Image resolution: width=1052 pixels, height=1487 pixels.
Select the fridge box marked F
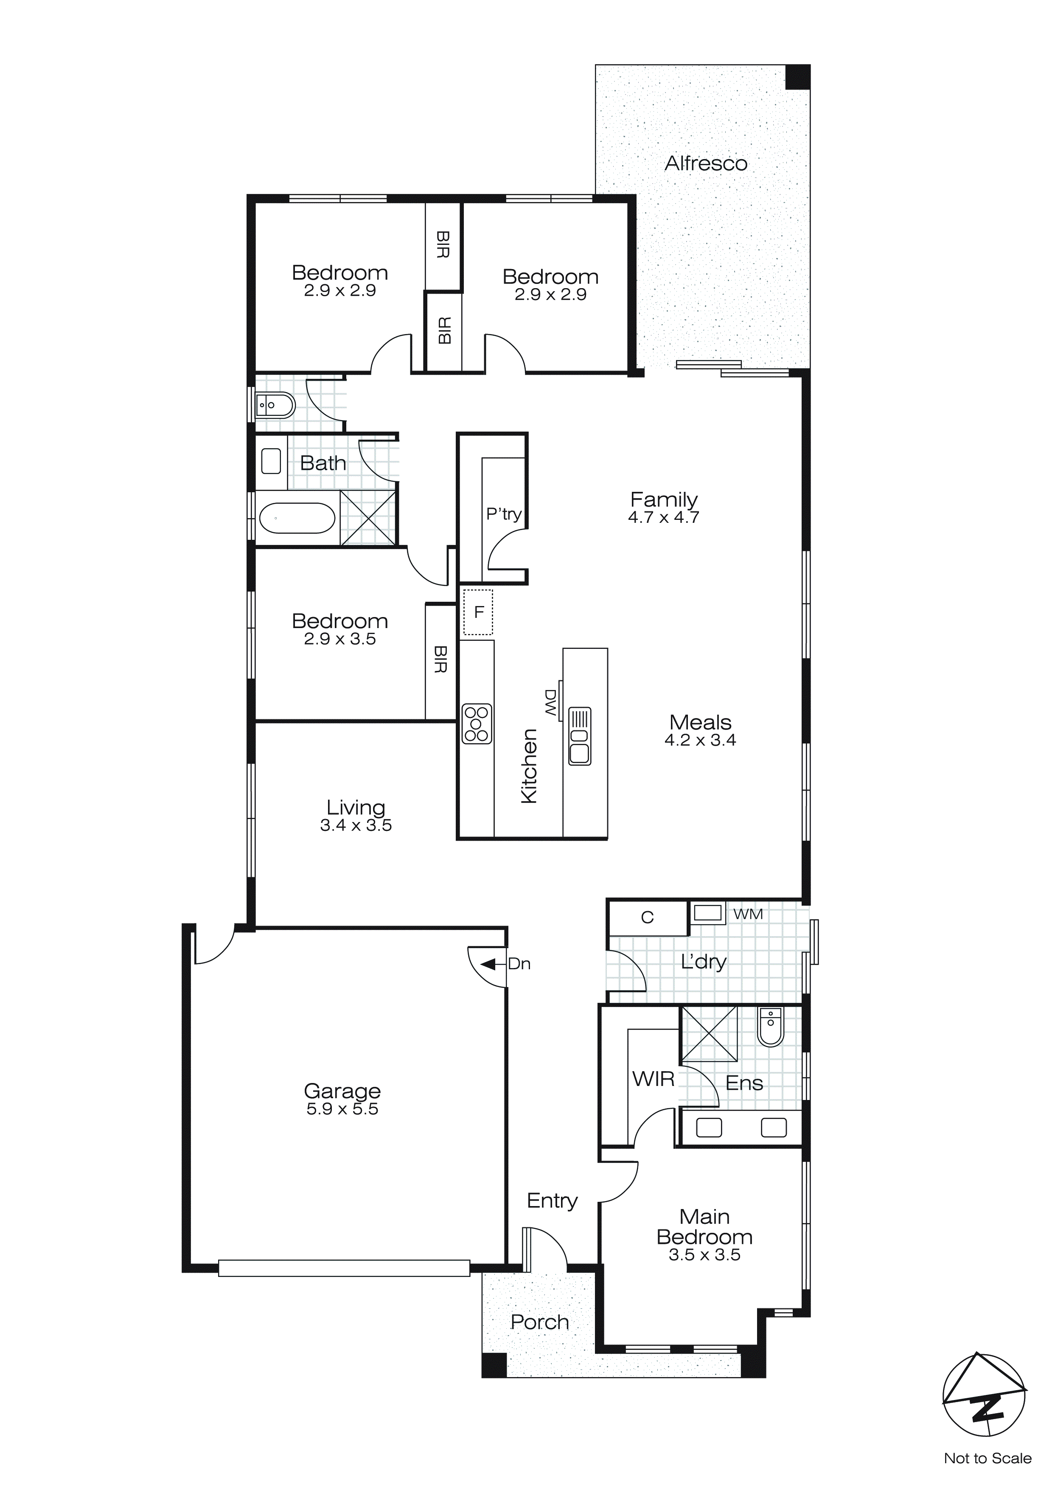478,612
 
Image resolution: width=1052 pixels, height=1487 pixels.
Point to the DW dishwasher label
551,703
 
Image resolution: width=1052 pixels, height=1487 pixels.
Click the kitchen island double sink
580,736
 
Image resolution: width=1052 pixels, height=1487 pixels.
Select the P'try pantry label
503,514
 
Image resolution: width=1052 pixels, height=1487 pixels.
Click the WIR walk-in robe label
653,1079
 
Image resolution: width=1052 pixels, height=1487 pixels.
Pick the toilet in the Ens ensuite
771,1027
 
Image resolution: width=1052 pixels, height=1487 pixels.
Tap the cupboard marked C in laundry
647,917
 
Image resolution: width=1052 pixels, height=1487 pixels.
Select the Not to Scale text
987,1459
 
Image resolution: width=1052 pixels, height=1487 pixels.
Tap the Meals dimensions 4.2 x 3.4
700,740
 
